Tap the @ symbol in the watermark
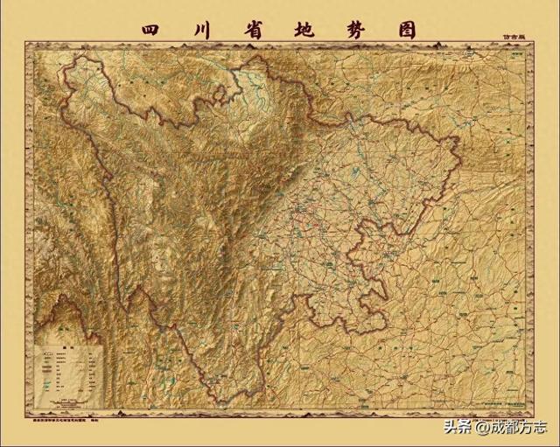478,428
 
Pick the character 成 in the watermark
494,428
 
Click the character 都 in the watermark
510,428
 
